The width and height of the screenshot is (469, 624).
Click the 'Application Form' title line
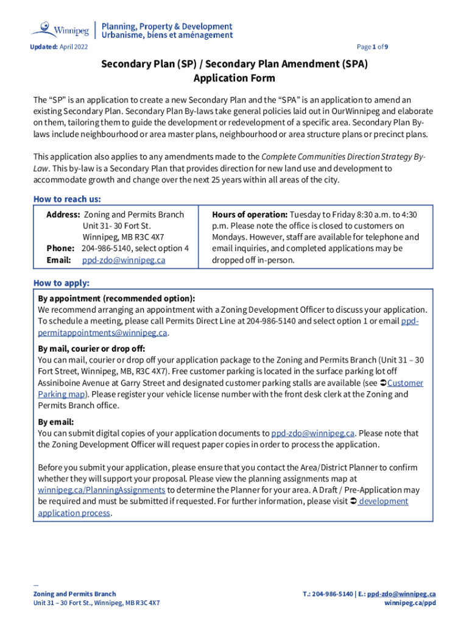click(x=234, y=78)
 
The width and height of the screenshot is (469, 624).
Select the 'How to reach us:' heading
click(x=67, y=199)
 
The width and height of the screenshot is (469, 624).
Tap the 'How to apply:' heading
click(x=61, y=283)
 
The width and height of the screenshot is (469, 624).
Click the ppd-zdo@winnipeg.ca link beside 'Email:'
click(x=124, y=260)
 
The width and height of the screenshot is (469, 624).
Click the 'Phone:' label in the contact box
click(x=60, y=249)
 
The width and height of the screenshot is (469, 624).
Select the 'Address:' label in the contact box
click(x=63, y=214)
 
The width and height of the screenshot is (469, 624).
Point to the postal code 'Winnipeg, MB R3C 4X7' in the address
click(x=124, y=237)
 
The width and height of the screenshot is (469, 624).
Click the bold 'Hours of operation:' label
click(x=250, y=214)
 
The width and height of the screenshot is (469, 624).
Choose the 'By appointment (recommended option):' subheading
click(x=117, y=299)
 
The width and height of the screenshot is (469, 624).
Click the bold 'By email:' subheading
click(x=56, y=422)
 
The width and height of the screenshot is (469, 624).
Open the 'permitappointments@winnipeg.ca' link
click(x=102, y=333)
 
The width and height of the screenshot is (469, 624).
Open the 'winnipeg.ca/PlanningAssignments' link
click(x=101, y=490)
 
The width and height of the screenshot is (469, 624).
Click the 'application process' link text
click(x=74, y=512)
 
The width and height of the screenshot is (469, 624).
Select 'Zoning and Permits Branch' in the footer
click(x=74, y=594)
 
